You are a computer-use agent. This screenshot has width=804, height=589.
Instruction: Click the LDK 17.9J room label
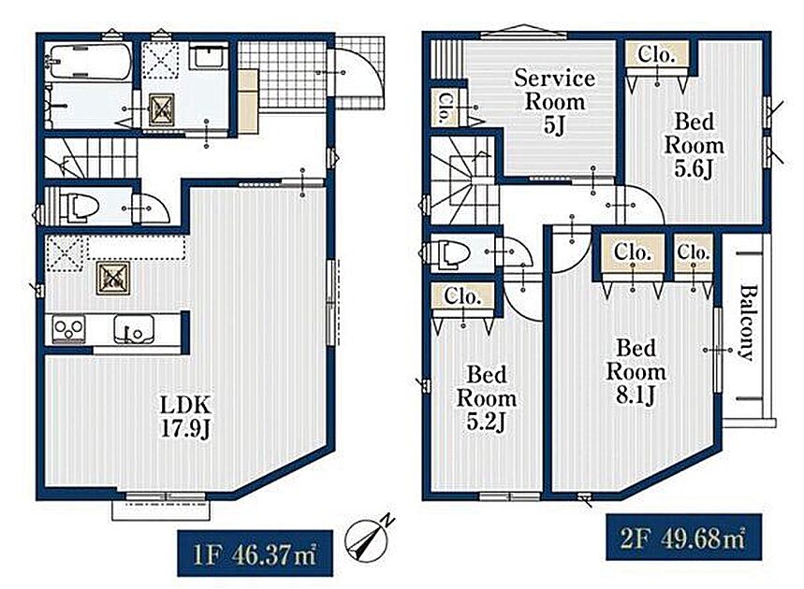point(185,417)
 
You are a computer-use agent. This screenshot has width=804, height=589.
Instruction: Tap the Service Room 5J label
point(554,101)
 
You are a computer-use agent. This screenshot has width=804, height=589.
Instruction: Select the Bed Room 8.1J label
point(636,372)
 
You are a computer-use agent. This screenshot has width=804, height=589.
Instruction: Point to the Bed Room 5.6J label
point(694,146)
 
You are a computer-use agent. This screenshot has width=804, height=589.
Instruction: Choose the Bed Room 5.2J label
point(486,398)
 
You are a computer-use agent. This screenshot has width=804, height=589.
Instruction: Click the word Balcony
point(747,323)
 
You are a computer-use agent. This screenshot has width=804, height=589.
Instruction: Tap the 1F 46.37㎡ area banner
point(255,553)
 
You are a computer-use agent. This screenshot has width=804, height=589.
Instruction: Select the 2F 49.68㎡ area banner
point(683,538)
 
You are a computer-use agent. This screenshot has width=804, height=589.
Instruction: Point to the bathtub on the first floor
point(88,62)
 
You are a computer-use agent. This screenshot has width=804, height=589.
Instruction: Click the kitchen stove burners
point(68,328)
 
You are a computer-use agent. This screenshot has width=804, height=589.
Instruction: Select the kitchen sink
point(133,329)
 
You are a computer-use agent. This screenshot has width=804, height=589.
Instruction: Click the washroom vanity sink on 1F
point(210,55)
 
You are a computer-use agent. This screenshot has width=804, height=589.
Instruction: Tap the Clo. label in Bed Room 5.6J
point(656,54)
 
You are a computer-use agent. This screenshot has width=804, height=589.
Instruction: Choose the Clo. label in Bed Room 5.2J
point(462,296)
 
